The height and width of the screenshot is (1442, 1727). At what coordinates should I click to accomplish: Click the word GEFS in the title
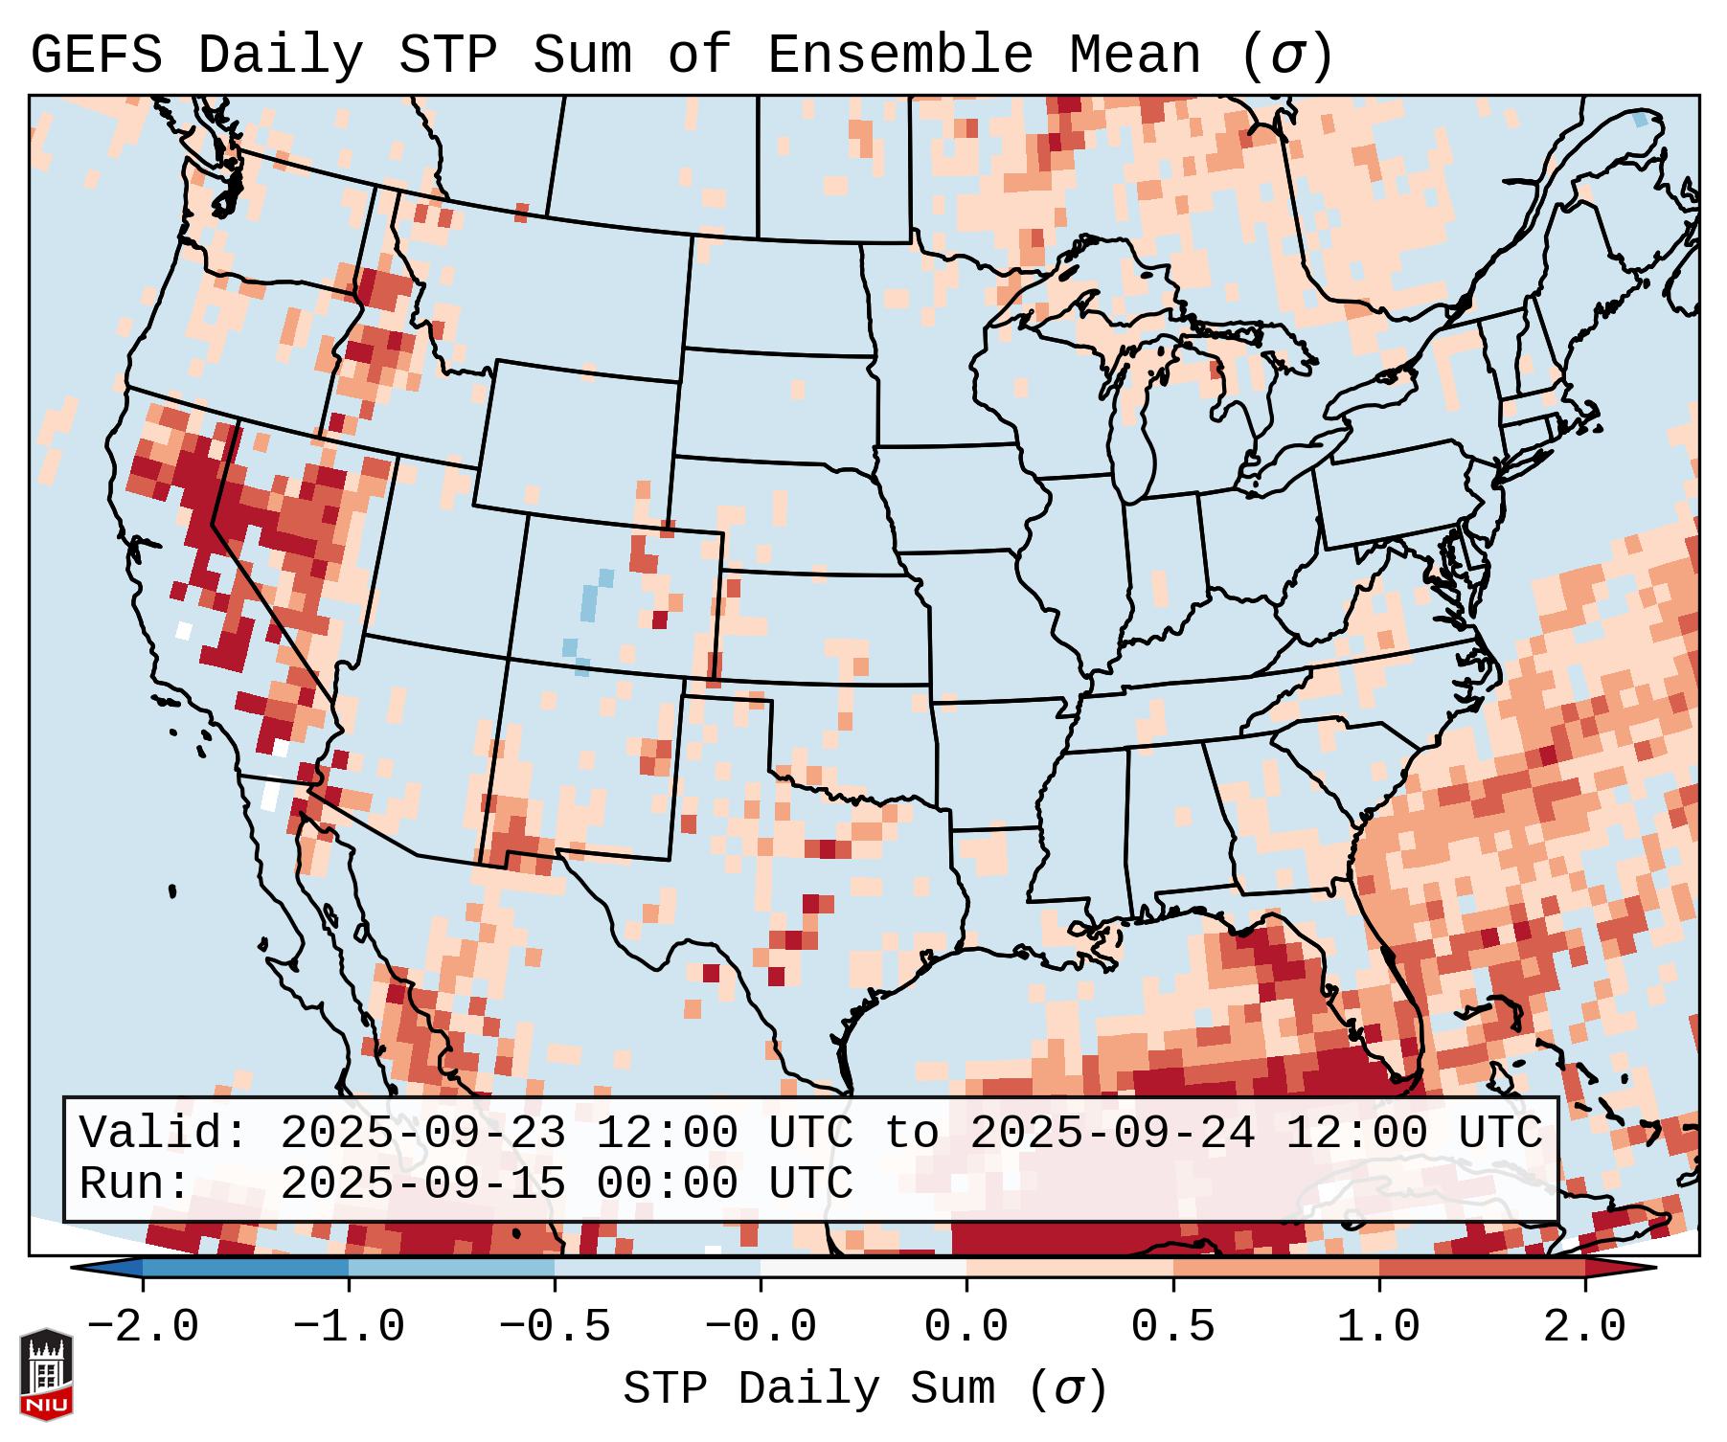pos(96,56)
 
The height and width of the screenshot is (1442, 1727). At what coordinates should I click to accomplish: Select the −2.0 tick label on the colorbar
pos(143,1327)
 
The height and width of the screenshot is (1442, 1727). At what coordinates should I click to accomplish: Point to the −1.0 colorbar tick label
pos(349,1327)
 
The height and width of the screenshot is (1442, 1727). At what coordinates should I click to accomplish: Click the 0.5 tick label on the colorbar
pos(1172,1327)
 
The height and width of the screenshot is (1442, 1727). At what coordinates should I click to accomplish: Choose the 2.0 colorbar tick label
pos(1584,1327)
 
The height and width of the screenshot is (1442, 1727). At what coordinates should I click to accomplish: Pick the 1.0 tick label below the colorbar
pos(1378,1327)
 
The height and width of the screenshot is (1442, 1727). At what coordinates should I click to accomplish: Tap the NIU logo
pos(46,1373)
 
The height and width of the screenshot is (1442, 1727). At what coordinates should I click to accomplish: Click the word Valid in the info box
pos(164,1133)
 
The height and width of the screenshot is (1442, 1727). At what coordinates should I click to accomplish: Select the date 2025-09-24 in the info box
pos(1112,1133)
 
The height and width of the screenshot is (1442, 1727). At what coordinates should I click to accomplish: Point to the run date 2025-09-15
pos(422,1183)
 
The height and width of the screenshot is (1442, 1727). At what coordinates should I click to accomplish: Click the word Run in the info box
pos(134,1183)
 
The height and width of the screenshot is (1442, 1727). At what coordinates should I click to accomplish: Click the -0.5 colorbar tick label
pos(555,1327)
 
